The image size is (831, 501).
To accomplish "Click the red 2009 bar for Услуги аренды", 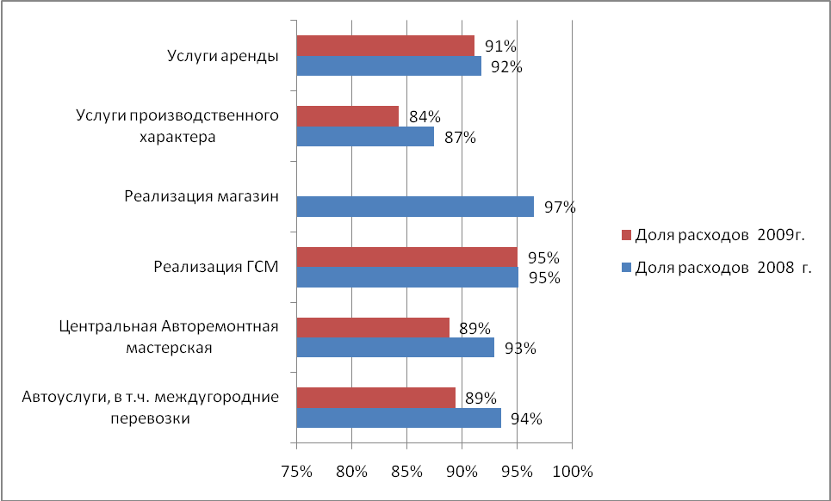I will tap(385, 46).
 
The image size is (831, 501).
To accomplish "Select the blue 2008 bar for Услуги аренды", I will tap(388, 66).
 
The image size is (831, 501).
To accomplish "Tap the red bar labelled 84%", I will tap(347, 116).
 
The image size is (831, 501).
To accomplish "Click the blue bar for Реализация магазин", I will tap(414, 207).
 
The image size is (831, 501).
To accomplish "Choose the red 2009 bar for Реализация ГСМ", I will tap(406, 257).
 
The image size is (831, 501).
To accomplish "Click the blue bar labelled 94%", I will tap(398, 417).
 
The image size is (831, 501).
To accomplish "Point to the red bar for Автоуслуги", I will tap(375, 397).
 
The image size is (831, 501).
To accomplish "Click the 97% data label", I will tap(558, 207).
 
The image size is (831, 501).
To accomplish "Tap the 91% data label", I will tap(499, 46).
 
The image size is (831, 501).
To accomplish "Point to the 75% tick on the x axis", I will tap(296, 472).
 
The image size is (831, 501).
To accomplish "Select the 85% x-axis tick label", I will tap(406, 472).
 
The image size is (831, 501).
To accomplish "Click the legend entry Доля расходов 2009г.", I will tap(721, 235).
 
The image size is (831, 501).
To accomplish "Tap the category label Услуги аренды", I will tap(222, 57).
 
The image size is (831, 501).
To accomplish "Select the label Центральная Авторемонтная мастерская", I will tap(170, 337).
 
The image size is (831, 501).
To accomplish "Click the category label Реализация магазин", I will tap(202, 196).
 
